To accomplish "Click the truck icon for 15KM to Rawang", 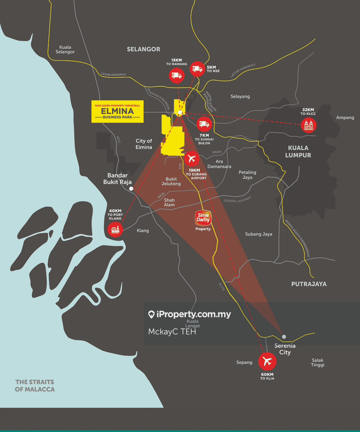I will [x=176, y=75].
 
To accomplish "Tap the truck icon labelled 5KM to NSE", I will [x=197, y=69].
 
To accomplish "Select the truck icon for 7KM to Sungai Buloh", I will [x=204, y=124].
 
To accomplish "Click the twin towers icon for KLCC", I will [x=308, y=125].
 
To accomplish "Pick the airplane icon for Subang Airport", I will [x=192, y=159].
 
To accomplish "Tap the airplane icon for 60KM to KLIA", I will [x=267, y=361].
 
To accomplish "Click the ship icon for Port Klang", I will [x=115, y=228].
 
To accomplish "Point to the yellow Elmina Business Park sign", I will [x=118, y=111].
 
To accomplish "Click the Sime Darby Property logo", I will [x=203, y=218].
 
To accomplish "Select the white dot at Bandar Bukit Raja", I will [x=131, y=189].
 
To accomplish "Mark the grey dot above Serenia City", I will [x=284, y=337].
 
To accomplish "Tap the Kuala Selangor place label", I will [x=65, y=49].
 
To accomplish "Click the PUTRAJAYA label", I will [x=309, y=284].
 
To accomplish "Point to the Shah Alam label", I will [x=169, y=202].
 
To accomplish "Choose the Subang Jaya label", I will [x=259, y=234].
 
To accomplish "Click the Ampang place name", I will [x=345, y=118].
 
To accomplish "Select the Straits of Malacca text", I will [x=35, y=385].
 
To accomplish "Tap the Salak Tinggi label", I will [x=318, y=363].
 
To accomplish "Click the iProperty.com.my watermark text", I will [x=189, y=314].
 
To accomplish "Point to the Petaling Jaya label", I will [x=247, y=175].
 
